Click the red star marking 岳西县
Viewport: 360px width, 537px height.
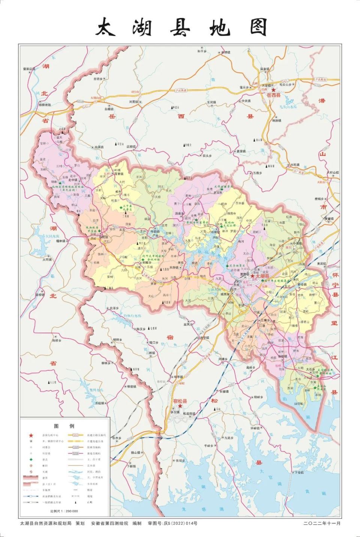274,90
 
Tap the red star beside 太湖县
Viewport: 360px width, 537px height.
252,276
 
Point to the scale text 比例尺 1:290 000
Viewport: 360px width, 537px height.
64,511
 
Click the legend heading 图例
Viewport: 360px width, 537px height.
64,426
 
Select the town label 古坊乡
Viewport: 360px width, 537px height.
97,79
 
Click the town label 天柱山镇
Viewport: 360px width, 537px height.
332,172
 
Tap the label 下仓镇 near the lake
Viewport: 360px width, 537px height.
299,472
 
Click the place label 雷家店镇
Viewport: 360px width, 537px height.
29,69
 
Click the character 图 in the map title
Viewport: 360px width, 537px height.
258,27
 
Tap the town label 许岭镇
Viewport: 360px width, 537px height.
255,428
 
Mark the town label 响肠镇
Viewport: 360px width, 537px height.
276,121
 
